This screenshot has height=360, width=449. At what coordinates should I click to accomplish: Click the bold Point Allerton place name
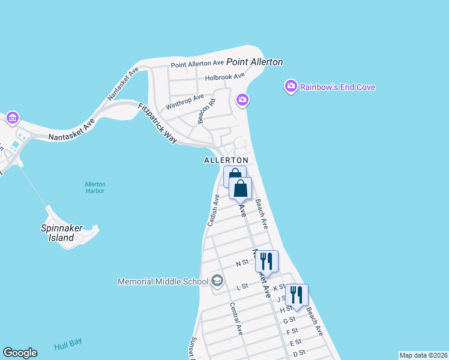(x=254, y=62)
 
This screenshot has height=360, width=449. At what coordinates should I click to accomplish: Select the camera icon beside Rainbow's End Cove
(x=291, y=87)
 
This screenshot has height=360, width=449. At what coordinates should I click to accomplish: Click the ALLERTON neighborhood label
(x=226, y=161)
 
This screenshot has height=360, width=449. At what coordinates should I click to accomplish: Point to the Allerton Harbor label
(x=95, y=187)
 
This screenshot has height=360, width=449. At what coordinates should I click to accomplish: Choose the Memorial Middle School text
(x=162, y=281)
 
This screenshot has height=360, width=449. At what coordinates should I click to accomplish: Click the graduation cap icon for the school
(x=217, y=281)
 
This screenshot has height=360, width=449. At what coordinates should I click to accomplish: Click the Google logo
(x=20, y=353)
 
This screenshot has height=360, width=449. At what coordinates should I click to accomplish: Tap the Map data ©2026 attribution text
(x=423, y=355)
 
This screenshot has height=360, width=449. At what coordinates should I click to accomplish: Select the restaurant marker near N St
(x=267, y=262)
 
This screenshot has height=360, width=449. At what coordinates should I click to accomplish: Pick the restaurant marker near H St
(x=297, y=295)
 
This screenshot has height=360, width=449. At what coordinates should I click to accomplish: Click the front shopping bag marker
(x=240, y=188)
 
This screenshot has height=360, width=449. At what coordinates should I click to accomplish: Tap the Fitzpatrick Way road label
(x=158, y=124)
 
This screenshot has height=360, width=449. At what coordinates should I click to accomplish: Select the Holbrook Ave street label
(x=225, y=77)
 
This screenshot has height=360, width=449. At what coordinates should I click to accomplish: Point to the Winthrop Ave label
(x=185, y=101)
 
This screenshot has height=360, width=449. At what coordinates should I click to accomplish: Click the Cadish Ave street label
(x=213, y=210)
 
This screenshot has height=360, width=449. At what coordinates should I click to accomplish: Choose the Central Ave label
(x=236, y=318)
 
